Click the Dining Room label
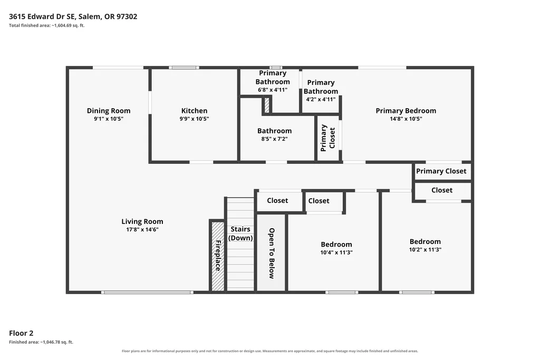[x=109, y=111]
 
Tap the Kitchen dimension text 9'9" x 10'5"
[x=194, y=119]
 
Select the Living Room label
[x=142, y=222]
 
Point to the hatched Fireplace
[x=218, y=256]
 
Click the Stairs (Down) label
[x=240, y=233]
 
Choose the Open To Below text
[x=272, y=253]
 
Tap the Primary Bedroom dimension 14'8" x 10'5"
[x=406, y=119]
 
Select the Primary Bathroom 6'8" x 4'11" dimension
[x=273, y=90]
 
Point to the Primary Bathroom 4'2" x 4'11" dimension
[x=321, y=100]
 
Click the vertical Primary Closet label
[x=328, y=138]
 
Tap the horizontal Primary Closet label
[x=441, y=171]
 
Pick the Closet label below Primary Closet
[x=442, y=190]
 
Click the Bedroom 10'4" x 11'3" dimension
[x=336, y=252]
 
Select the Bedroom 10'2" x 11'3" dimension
[x=425, y=249]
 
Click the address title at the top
[x=73, y=16]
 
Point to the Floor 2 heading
[x=21, y=333]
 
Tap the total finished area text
[x=46, y=25]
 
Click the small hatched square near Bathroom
[x=267, y=105]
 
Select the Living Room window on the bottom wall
[x=148, y=292]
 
